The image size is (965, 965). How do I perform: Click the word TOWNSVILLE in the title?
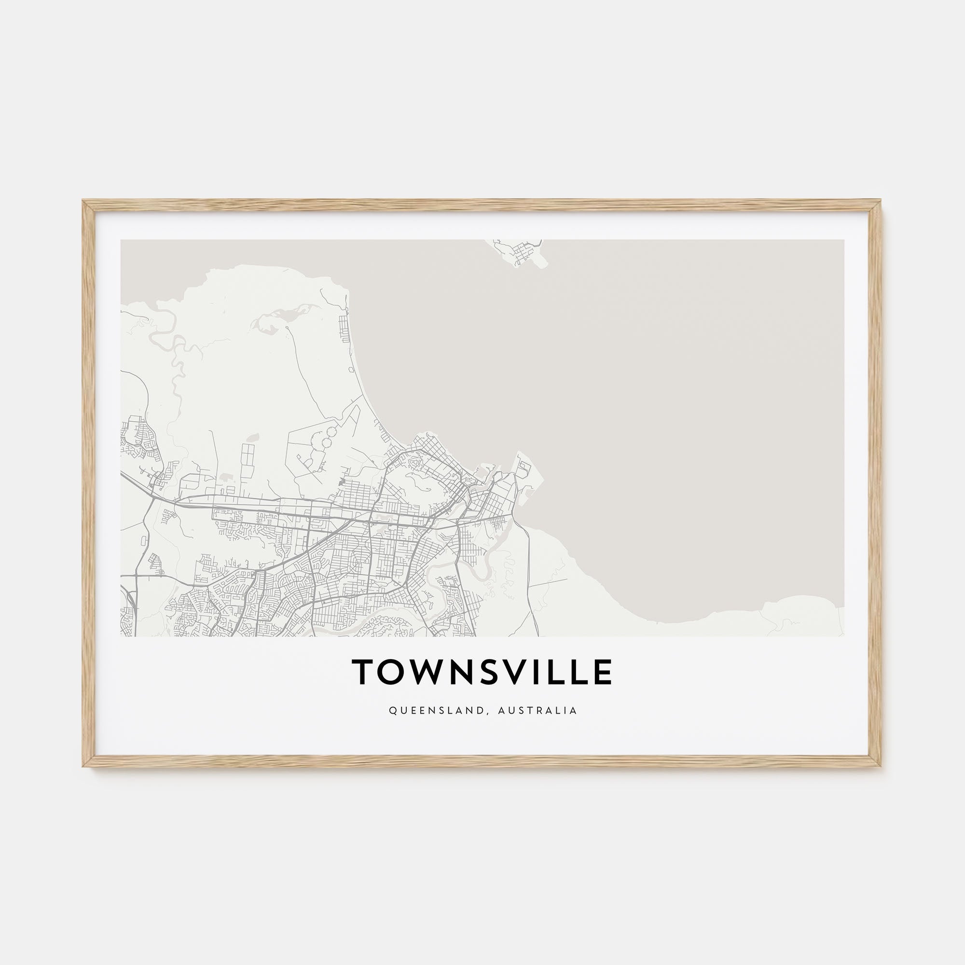tap(482, 672)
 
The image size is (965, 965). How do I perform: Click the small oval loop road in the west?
tap(144, 540)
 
